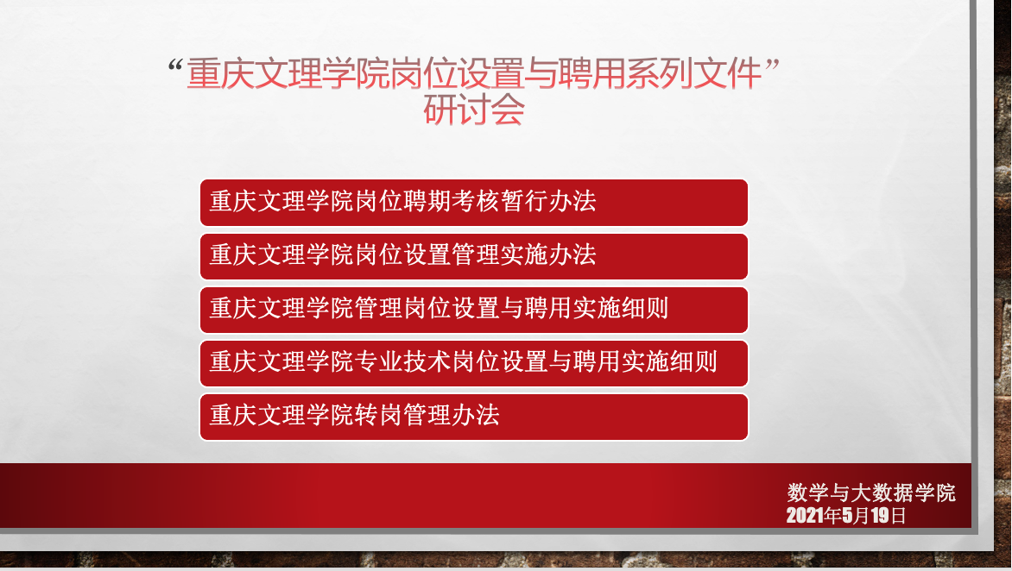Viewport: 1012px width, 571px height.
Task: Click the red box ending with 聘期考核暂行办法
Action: pos(473,203)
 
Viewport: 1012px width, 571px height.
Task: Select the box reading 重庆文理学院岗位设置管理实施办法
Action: pos(473,256)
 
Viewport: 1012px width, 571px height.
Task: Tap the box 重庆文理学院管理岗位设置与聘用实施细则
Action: pos(473,310)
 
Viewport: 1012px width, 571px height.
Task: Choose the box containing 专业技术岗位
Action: pos(473,363)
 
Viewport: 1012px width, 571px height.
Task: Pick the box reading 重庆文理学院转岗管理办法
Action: pos(473,417)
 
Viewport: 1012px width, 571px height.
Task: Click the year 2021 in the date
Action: pos(805,516)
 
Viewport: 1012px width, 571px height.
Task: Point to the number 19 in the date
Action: pos(880,516)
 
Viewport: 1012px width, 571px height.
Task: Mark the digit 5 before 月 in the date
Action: pos(847,516)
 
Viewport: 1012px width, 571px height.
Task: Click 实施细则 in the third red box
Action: pos(620,309)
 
